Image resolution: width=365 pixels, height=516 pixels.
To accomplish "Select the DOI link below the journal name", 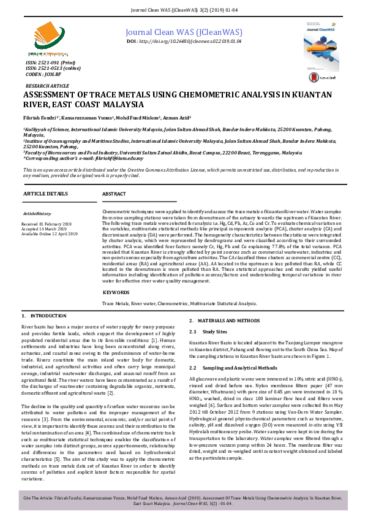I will pyautogui.click(x=184, y=41).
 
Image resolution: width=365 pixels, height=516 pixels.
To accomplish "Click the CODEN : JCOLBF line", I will pyautogui.click(x=42, y=74).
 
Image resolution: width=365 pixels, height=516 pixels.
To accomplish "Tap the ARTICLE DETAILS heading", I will pyautogui.click(x=45, y=193).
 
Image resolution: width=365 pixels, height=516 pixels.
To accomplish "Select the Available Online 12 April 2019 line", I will pyautogui.click(x=50, y=233).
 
